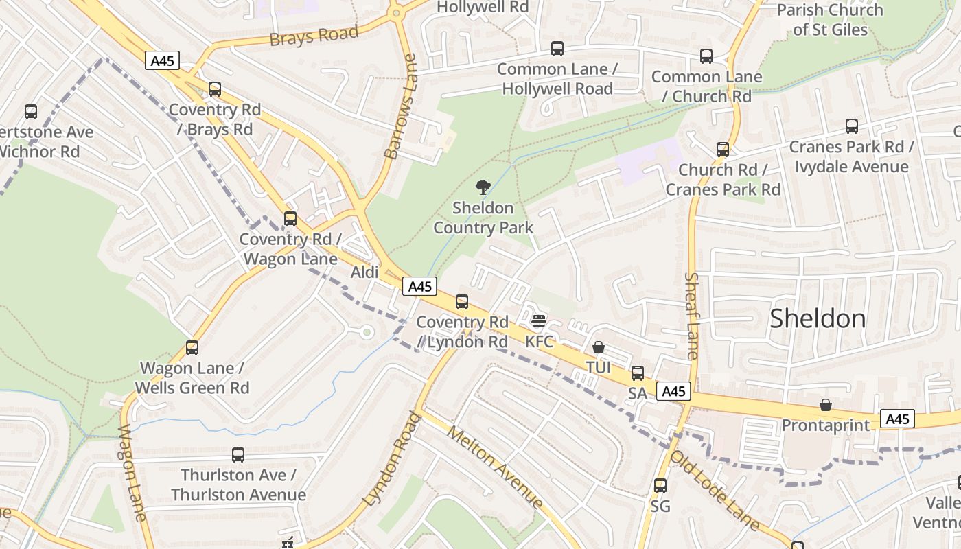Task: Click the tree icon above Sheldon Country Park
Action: [x=483, y=187]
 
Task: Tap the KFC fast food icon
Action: [x=538, y=321]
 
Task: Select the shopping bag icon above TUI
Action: [x=599, y=348]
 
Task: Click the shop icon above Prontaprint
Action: [x=826, y=406]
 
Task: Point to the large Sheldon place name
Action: [x=818, y=318]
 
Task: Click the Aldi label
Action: [x=364, y=272]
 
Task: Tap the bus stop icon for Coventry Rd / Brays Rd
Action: [x=215, y=89]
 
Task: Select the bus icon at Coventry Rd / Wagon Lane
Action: [x=290, y=219]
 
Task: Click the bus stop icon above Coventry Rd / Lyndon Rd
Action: [x=462, y=302]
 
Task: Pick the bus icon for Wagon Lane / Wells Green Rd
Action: [x=192, y=348]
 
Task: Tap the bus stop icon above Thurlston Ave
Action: [x=238, y=455]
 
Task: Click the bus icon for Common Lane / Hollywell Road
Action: [x=557, y=49]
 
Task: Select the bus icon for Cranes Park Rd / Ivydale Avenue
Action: [x=852, y=126]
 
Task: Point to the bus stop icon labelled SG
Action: [x=660, y=486]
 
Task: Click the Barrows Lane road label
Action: [x=402, y=107]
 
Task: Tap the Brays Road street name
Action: [x=314, y=36]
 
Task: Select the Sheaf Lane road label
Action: [x=692, y=316]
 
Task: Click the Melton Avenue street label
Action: [x=494, y=467]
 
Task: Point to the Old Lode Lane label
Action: [x=714, y=491]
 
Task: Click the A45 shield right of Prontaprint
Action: [x=898, y=419]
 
